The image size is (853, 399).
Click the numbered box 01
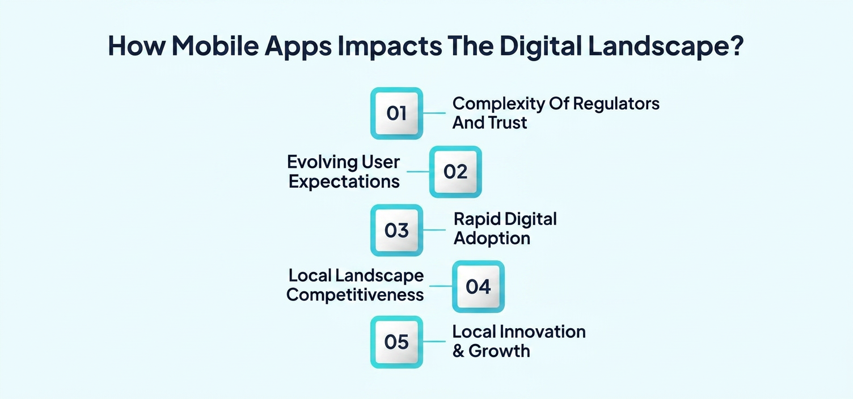tap(396, 113)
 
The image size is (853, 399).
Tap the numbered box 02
tap(455, 172)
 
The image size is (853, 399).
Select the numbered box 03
tap(396, 230)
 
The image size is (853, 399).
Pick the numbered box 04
tap(478, 286)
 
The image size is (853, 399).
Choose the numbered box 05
tap(396, 342)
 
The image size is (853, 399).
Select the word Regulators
tap(616, 104)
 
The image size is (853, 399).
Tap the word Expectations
tap(344, 182)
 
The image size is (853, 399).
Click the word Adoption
tap(492, 239)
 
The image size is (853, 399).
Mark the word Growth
tap(499, 351)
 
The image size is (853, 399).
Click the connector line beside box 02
tap(417, 172)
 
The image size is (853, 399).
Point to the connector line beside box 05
tap(434, 341)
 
